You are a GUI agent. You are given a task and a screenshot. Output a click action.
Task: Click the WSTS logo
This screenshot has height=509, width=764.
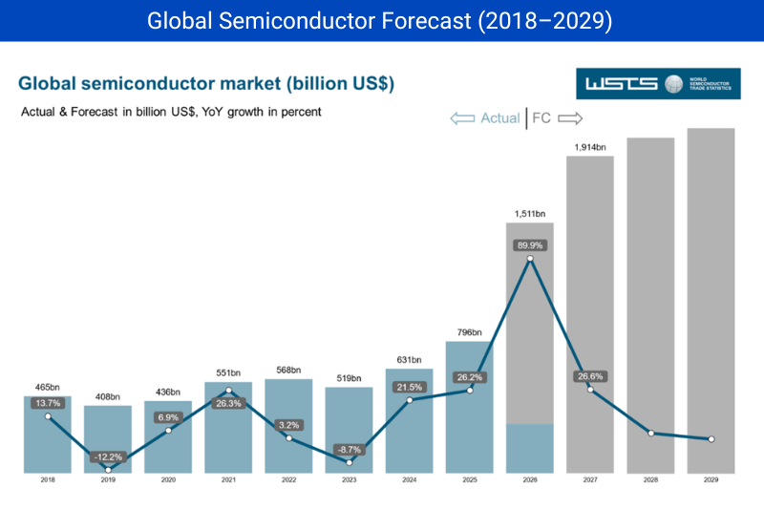tap(658, 84)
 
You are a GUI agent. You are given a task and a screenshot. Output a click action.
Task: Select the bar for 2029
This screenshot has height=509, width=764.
tap(711, 301)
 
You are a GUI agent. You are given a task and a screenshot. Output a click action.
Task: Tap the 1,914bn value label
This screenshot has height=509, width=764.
tap(590, 147)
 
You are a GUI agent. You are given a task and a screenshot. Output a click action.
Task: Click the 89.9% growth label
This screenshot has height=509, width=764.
tap(530, 245)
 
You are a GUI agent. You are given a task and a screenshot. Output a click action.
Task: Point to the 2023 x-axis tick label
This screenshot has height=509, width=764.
tap(349, 479)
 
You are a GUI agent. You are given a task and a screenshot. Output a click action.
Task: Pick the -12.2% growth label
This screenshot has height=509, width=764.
tap(108, 456)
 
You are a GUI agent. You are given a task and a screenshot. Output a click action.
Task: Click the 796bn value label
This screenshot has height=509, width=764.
tap(469, 332)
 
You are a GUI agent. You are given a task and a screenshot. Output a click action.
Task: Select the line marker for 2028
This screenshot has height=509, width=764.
tap(651, 433)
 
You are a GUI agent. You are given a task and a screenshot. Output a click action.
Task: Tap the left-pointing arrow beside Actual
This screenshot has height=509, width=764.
tap(462, 118)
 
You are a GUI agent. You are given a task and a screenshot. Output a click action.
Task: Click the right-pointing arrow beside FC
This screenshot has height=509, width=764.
tap(570, 118)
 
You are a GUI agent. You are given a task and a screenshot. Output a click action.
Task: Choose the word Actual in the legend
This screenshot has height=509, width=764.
tap(499, 118)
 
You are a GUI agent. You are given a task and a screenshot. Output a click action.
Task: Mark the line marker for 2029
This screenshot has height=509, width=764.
tap(711, 439)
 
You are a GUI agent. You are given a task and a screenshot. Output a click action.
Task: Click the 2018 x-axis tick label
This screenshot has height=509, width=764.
tap(48, 479)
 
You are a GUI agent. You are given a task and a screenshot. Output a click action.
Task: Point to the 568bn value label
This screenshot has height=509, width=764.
tap(288, 371)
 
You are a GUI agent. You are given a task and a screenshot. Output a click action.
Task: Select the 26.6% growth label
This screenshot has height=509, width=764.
tap(590, 376)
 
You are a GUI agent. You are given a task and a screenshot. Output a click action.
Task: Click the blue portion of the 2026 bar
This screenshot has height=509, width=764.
tap(530, 448)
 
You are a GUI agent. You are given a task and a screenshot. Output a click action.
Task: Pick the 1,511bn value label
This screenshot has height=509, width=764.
tap(530, 214)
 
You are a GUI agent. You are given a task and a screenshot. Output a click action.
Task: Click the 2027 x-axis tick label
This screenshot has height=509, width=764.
tap(590, 479)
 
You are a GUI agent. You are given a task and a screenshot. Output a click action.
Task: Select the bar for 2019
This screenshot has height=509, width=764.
tap(108, 439)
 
